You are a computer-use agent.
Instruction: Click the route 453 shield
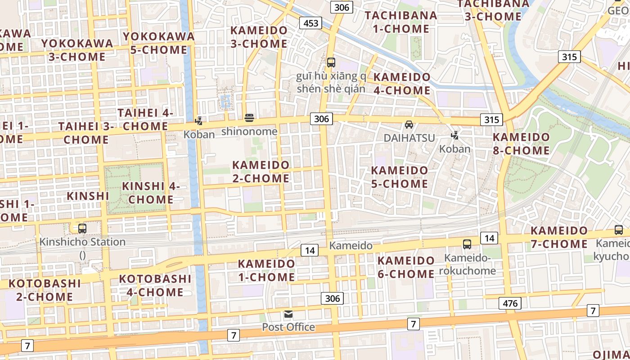coord(310,23)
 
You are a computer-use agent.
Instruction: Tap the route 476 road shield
coord(510,303)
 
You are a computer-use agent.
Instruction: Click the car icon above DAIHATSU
coord(409,125)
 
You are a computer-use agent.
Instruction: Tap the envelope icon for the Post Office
coord(288,314)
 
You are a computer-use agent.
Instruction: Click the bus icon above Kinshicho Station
coord(82,229)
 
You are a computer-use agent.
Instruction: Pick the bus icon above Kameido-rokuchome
coord(467,244)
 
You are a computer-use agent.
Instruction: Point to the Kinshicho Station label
coord(82,242)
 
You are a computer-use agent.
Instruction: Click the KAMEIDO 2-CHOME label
coord(261,171)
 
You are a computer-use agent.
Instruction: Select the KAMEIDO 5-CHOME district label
coord(399,177)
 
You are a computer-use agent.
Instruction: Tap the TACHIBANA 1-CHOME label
coord(400,22)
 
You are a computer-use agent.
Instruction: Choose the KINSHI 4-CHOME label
coord(151,193)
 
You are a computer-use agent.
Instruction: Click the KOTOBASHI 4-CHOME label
coord(155,285)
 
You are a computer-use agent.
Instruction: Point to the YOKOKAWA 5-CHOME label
coord(159,43)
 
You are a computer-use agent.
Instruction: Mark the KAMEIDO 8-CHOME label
coord(521,144)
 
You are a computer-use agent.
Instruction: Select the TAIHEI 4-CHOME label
coord(145,119)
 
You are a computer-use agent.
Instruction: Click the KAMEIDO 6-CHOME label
coord(406,267)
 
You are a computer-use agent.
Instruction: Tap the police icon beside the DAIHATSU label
coord(455,135)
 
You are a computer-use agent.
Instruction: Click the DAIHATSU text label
coord(409,138)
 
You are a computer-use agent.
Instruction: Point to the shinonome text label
coord(249,131)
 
